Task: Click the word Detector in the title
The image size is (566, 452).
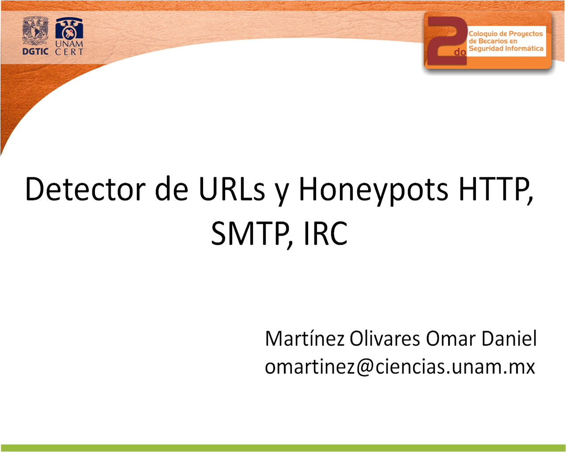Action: [x=85, y=189]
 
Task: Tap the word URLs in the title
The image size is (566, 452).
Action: [x=232, y=189]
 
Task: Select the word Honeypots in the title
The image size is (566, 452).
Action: [x=374, y=191]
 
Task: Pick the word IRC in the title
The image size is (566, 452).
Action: [x=326, y=233]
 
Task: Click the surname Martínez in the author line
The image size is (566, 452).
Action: [x=305, y=339]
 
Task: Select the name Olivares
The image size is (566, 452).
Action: [x=385, y=339]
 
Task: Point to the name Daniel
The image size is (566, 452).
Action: [x=509, y=339]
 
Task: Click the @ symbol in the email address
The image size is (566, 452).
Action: [x=365, y=368]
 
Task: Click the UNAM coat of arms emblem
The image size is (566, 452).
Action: [x=35, y=31]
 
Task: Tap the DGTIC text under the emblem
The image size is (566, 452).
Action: [x=35, y=51]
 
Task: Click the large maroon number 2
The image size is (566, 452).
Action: [x=447, y=41]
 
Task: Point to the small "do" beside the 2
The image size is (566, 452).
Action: [x=460, y=52]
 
